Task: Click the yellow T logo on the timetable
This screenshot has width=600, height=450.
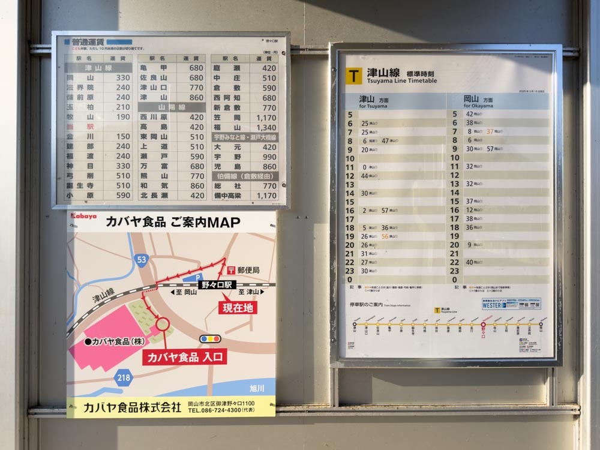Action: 354,76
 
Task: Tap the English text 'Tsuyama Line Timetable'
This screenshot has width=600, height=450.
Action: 401,81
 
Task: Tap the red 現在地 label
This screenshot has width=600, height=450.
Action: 238,308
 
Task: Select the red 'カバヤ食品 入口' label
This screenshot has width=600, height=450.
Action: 184,357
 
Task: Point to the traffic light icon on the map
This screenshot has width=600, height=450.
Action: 210,338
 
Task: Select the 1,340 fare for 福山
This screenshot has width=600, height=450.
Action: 266,128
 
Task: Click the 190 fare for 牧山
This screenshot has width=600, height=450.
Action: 122,117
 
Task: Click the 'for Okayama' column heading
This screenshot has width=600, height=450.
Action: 478,106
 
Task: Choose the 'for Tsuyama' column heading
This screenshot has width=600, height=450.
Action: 373,106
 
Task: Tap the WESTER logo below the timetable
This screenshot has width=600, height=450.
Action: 493,305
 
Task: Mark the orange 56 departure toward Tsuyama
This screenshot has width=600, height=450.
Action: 385,236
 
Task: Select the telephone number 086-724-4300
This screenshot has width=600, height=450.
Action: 214,410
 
